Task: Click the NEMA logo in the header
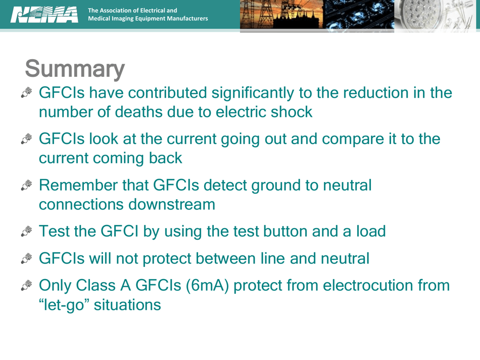(x=44, y=14)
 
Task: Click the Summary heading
(x=74, y=69)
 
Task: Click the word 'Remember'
(x=78, y=186)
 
